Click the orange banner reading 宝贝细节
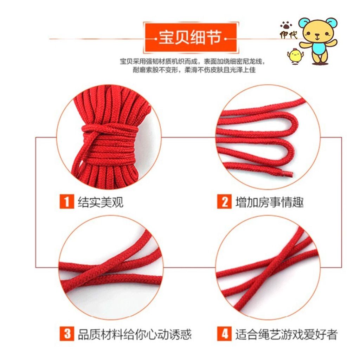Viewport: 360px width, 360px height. point(191,38)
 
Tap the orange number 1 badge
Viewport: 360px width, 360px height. point(67,201)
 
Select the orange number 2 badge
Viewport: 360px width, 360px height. point(224,201)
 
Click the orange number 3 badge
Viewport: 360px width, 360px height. point(67,334)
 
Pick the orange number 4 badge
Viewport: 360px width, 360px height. point(224,334)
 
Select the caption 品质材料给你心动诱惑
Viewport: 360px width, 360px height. point(135,334)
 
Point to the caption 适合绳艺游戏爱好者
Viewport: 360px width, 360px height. point(286,334)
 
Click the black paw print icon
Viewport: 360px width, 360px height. point(286,25)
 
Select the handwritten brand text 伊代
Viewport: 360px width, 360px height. point(288,35)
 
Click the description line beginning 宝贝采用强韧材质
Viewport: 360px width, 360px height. point(192,61)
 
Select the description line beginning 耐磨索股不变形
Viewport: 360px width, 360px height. point(194,70)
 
